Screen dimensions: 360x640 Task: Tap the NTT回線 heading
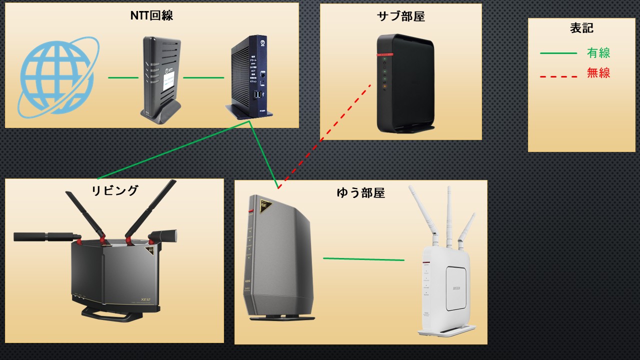point(151,15)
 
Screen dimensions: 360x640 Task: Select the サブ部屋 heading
point(400,16)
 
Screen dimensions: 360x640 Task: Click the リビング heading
point(114,190)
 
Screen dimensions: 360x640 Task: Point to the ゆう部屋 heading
point(360,193)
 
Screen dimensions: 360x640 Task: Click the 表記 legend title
point(581,28)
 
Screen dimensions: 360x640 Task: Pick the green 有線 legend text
point(598,53)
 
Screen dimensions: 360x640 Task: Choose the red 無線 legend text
point(598,73)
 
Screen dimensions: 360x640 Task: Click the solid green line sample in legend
point(558,53)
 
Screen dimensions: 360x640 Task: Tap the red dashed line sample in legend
point(558,76)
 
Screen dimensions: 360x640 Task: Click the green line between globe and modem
point(123,77)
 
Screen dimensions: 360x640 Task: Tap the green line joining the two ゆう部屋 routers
point(363,259)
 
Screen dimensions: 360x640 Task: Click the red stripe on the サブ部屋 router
point(385,54)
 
